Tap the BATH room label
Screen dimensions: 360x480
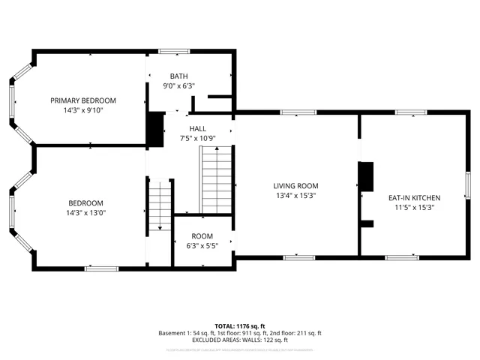click(x=178, y=76)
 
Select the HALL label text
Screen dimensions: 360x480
click(x=197, y=128)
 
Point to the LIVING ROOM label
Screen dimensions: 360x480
click(x=295, y=186)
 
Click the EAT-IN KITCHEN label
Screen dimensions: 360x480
click(x=413, y=197)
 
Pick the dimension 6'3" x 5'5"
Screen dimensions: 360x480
click(x=202, y=245)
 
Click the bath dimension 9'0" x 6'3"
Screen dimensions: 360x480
click(x=178, y=86)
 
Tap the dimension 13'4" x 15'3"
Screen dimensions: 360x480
click(x=295, y=196)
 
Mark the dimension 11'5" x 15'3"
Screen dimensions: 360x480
click(x=413, y=208)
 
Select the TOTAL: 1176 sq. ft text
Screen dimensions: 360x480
click(x=239, y=326)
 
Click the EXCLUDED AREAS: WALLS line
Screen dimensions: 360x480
click(x=239, y=340)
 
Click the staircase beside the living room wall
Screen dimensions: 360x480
click(x=215, y=180)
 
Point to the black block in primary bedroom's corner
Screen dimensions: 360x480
click(x=154, y=128)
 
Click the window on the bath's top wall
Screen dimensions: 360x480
click(x=173, y=51)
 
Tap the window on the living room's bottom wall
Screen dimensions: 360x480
click(x=298, y=257)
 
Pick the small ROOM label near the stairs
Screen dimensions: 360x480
click(x=202, y=235)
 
